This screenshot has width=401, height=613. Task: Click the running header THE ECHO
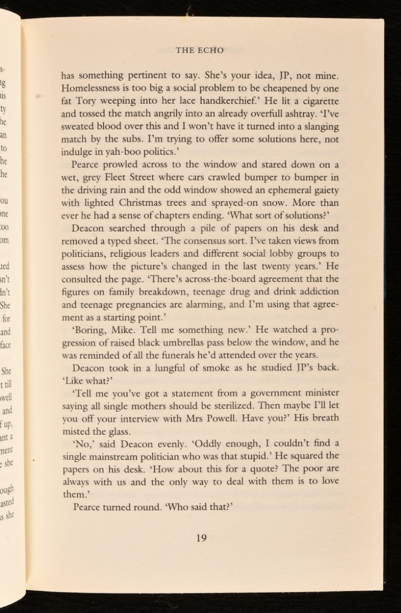[199, 50]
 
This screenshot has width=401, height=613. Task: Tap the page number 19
[201, 537]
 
